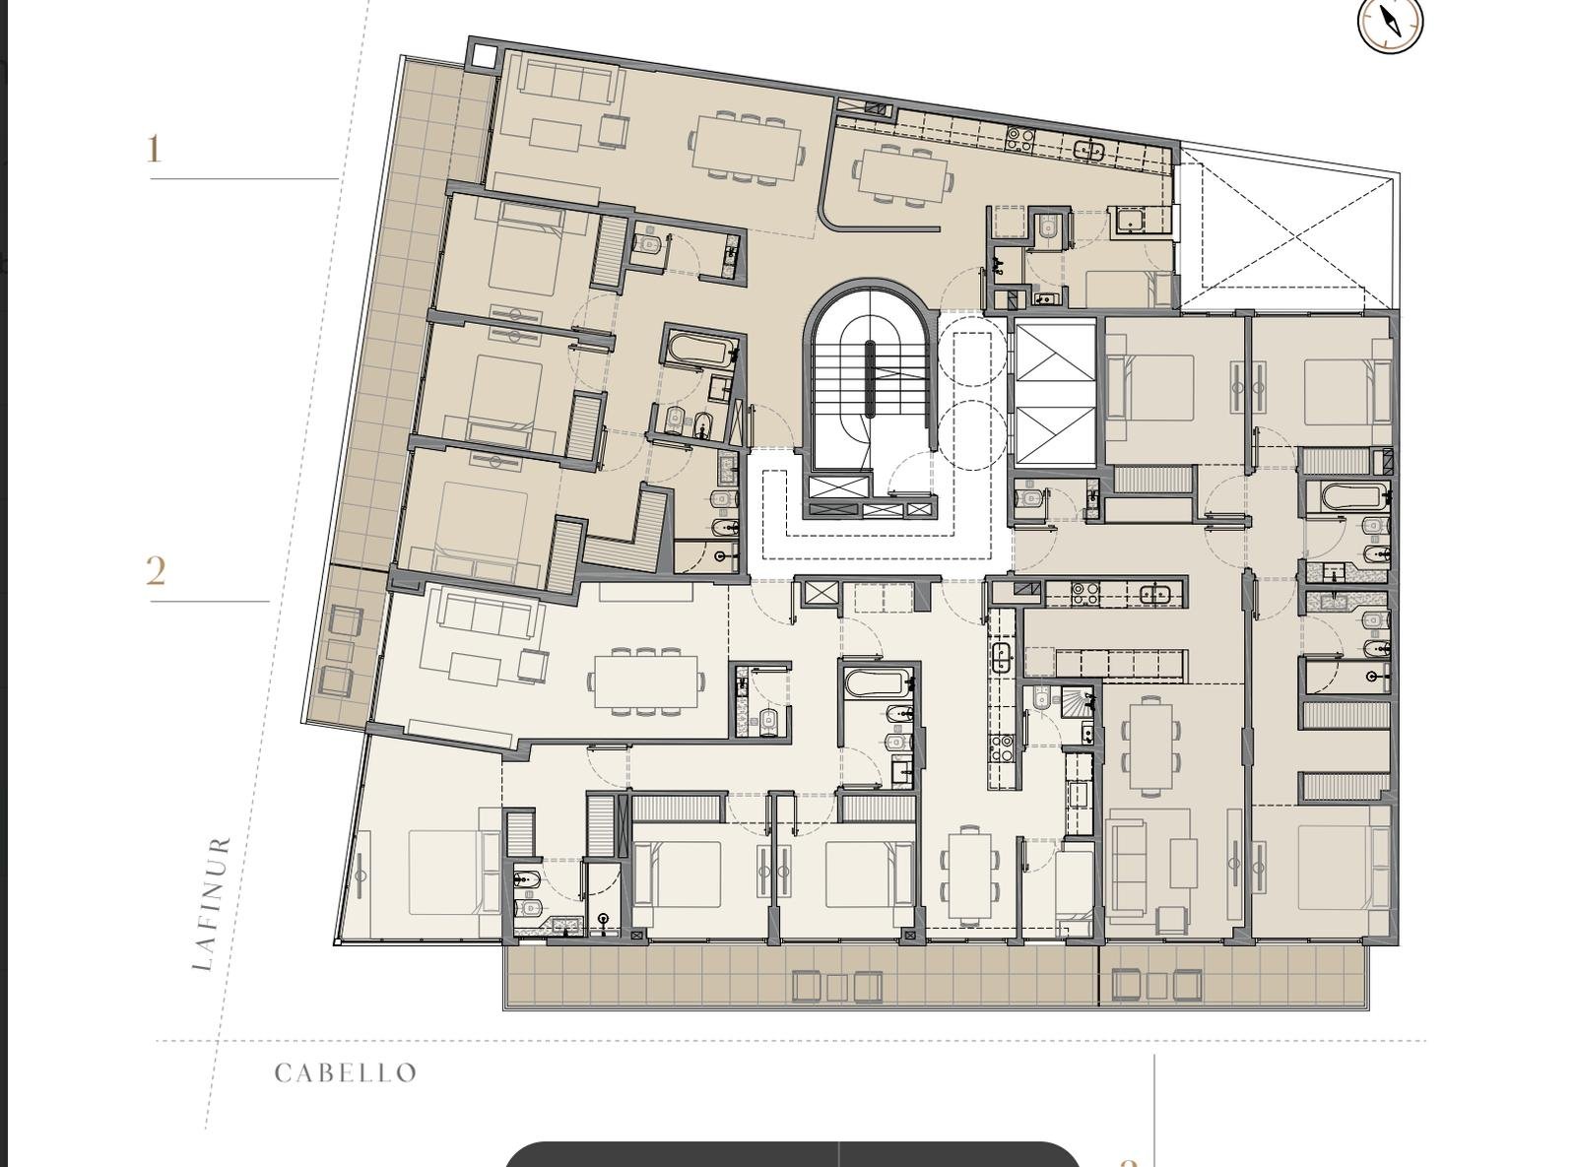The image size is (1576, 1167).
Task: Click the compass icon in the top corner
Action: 1390,22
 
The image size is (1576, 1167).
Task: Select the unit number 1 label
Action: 154,150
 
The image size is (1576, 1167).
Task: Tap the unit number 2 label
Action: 156,571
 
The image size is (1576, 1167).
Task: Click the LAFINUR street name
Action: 211,903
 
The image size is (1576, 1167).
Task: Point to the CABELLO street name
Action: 346,1073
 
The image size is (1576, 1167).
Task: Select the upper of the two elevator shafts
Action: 1056,361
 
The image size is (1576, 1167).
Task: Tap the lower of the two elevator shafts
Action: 1056,435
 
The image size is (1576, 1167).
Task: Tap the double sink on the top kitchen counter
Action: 1087,151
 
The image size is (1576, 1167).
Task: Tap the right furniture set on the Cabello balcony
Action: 1157,985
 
